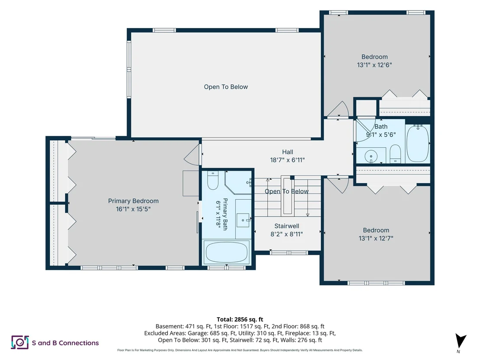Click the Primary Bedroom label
click(133, 201)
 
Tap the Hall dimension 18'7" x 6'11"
click(287, 160)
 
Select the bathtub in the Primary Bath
click(227, 252)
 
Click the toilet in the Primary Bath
click(213, 180)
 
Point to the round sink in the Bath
click(371, 157)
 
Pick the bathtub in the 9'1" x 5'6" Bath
click(418, 143)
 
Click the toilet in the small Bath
click(395, 154)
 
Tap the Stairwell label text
click(286, 226)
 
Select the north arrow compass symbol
click(460, 341)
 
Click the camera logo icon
click(20, 342)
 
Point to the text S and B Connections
click(65, 343)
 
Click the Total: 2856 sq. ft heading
click(240, 320)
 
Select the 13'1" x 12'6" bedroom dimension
click(374, 65)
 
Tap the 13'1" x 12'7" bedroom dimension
click(376, 238)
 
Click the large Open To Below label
click(226, 87)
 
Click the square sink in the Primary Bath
click(243, 220)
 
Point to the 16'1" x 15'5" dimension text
click(133, 209)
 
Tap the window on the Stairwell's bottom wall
click(289, 253)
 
